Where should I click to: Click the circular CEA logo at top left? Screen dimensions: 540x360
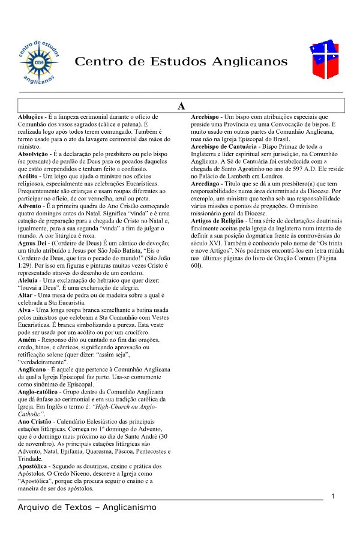click(x=38, y=61)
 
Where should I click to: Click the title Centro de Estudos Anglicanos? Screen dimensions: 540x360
click(x=181, y=62)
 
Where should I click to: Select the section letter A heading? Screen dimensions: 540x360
click(x=181, y=106)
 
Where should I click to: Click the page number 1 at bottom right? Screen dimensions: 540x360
click(x=333, y=496)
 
